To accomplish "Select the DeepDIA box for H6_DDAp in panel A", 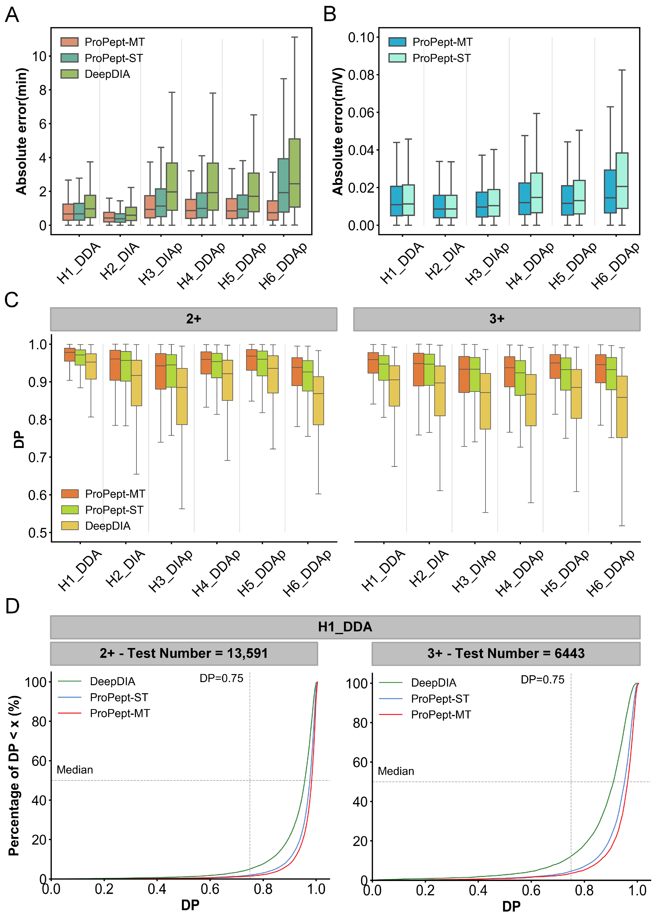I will (294, 173).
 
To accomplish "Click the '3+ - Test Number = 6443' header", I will (506, 653).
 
